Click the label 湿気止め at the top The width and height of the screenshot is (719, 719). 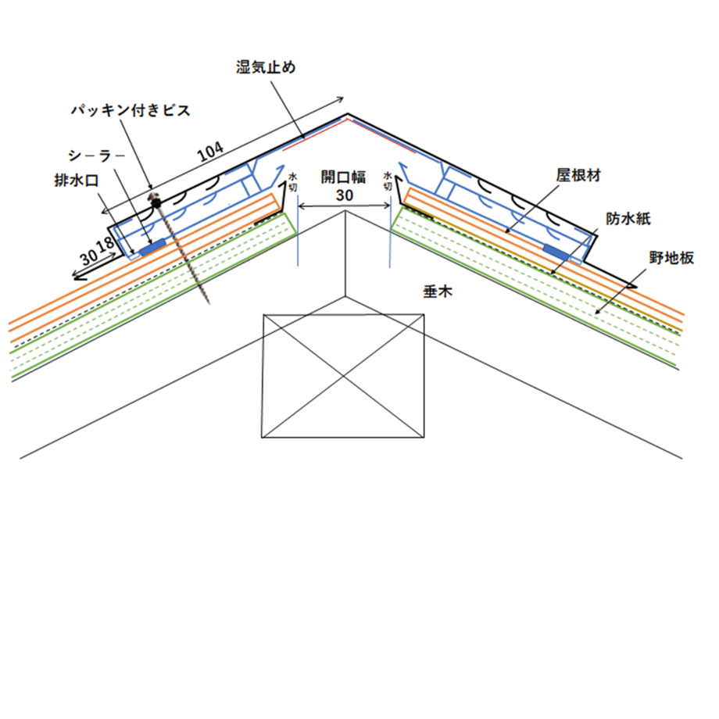[x=266, y=67]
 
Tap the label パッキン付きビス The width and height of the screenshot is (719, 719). [x=131, y=110]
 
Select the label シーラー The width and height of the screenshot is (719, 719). [x=96, y=156]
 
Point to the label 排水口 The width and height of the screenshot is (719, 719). [x=77, y=181]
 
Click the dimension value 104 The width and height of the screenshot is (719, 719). [x=210, y=152]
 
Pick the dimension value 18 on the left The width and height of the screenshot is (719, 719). [x=106, y=244]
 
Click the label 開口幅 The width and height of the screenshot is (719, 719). [x=343, y=177]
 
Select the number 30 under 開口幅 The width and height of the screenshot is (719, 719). [x=345, y=195]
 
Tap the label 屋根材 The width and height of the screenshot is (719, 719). [x=578, y=175]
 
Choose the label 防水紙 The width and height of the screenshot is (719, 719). [x=628, y=219]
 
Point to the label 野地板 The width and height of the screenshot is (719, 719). [x=671, y=258]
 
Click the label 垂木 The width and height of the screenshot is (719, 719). [x=438, y=292]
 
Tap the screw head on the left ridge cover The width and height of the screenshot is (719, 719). [x=156, y=199]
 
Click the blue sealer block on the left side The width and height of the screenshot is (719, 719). [x=152, y=248]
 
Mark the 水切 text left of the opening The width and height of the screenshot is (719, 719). [x=292, y=182]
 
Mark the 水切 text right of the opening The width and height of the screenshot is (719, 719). [x=388, y=181]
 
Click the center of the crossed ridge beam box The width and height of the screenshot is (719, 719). [x=343, y=376]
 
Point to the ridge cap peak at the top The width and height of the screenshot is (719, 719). [x=348, y=114]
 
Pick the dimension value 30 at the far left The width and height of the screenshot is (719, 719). [x=88, y=257]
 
